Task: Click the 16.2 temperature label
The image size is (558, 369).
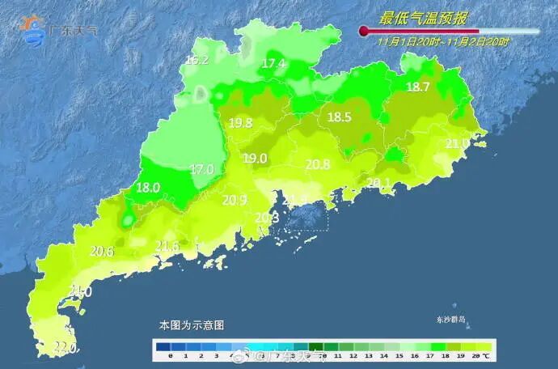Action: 197,60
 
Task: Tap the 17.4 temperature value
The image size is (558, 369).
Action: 274,63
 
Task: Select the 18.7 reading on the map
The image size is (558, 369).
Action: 417,87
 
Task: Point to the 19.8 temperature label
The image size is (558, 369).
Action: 240,123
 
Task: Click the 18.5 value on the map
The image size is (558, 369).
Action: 339,117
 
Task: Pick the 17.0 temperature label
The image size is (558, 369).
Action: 201,169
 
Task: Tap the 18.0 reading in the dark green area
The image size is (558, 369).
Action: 147,187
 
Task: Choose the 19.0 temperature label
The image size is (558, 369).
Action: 255,159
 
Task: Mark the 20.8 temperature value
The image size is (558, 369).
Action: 317,164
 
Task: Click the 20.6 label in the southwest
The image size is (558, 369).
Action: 101,252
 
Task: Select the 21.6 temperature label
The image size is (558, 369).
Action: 167,246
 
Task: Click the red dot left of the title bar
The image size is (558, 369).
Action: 364,31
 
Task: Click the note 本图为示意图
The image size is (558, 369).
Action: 191,324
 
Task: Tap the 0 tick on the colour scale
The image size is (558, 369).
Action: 171,355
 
